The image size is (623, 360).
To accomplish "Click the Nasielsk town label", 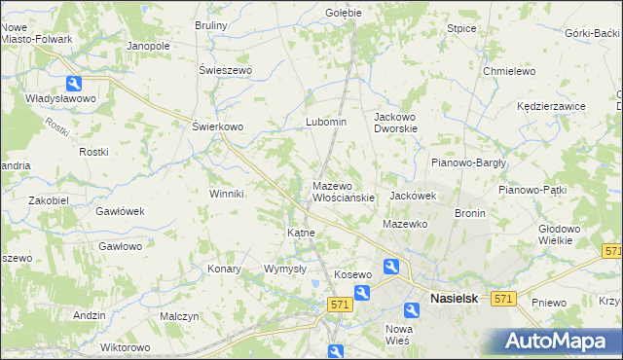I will [x=454, y=300].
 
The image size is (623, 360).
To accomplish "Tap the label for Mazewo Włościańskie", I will [x=343, y=191].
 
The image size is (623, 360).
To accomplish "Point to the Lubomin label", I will [x=326, y=122].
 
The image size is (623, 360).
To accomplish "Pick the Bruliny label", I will [x=211, y=24].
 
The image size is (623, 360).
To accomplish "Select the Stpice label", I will [x=461, y=28].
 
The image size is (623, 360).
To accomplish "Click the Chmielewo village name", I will [x=510, y=71].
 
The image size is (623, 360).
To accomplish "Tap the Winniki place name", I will [x=226, y=194].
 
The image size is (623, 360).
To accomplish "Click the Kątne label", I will [x=300, y=234].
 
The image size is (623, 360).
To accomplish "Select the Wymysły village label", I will [x=285, y=269].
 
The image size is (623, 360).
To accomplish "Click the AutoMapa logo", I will [x=551, y=341].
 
